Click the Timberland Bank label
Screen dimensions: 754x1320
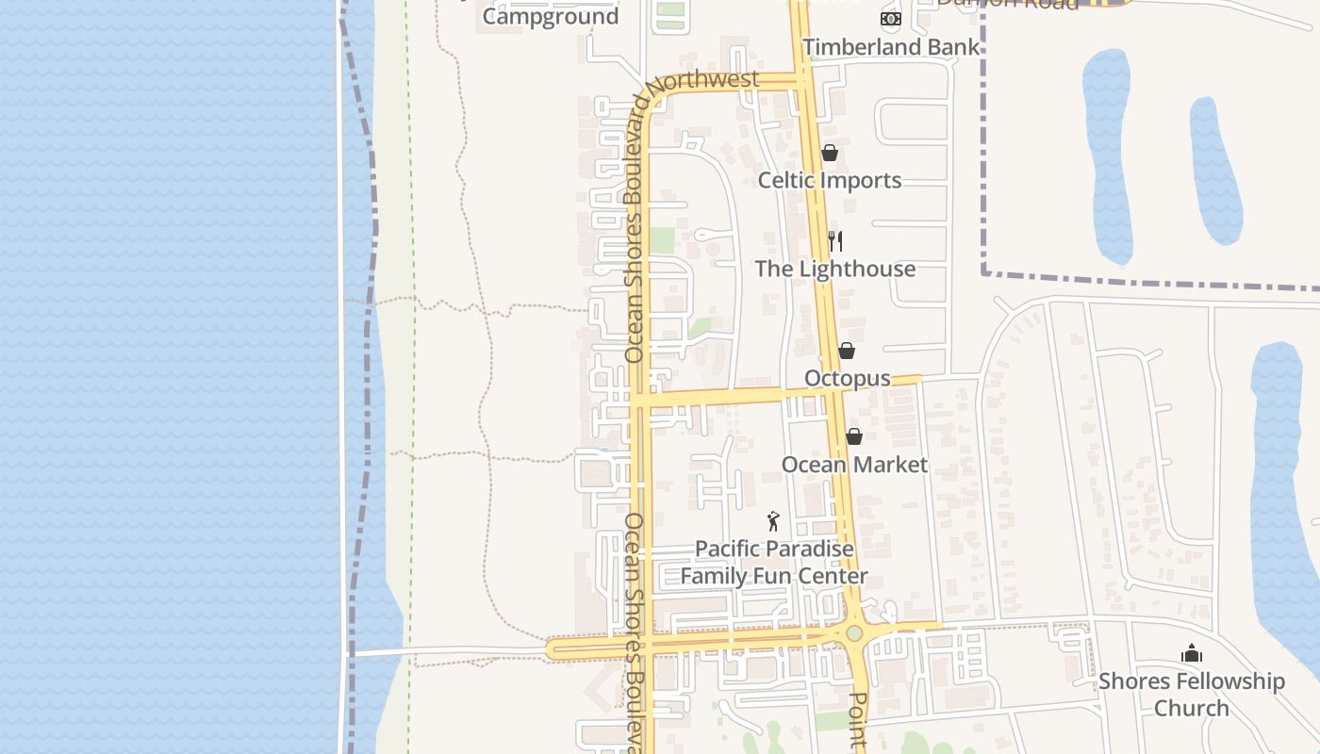(x=891, y=47)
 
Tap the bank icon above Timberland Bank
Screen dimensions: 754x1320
(x=890, y=18)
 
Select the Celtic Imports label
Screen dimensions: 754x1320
(x=830, y=180)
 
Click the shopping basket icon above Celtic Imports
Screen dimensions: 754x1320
(x=830, y=153)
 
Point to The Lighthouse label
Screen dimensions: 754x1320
(x=834, y=269)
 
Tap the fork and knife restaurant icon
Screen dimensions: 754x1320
(x=834, y=241)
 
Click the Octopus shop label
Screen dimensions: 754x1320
(x=847, y=378)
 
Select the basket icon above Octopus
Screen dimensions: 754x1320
(x=847, y=351)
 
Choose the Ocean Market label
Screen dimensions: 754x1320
(x=854, y=465)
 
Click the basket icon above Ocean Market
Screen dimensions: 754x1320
(x=853, y=436)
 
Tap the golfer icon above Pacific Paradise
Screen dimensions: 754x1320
(x=773, y=520)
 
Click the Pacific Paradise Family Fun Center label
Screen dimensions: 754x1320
(x=774, y=563)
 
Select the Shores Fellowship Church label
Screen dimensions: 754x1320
(x=1191, y=695)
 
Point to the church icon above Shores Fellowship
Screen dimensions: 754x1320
(x=1192, y=653)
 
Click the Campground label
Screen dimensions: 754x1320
(x=551, y=16)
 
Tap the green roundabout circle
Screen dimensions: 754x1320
(x=854, y=633)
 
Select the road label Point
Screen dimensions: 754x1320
(x=858, y=721)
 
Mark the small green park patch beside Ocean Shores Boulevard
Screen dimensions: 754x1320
(x=662, y=239)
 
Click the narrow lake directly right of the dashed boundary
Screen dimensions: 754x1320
(x=1107, y=156)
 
